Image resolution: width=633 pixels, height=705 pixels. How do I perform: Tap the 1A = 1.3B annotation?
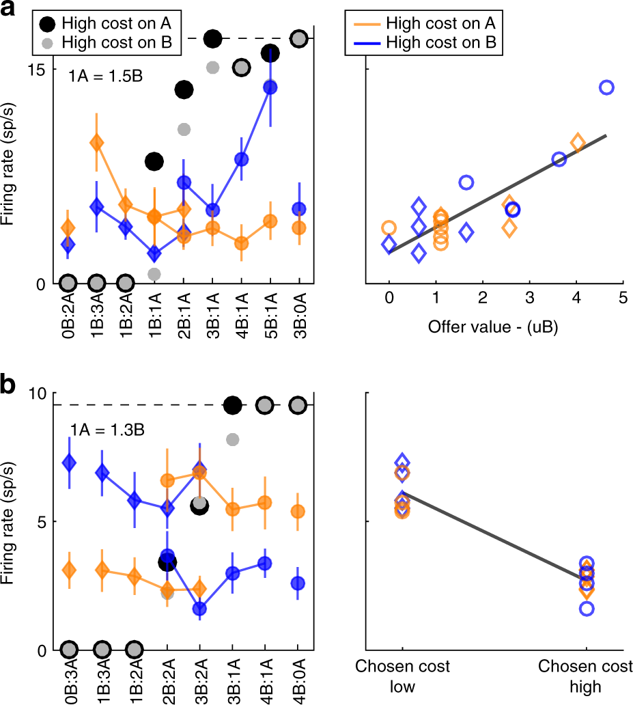click(105, 430)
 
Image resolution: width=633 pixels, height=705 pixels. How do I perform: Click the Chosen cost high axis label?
click(586, 676)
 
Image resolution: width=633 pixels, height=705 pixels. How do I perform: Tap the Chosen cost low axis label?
click(403, 676)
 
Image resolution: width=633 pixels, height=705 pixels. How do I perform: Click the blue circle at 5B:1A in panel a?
click(270, 87)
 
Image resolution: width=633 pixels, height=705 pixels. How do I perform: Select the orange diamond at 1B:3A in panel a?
click(96, 143)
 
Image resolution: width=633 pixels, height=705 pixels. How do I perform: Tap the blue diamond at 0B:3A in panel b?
click(68, 462)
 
